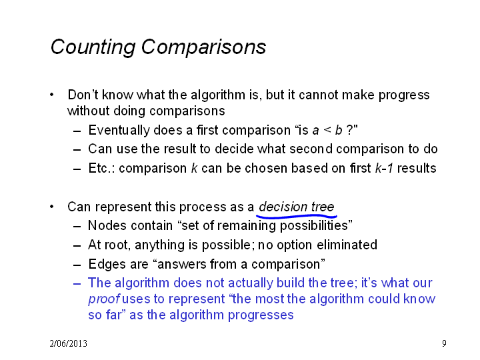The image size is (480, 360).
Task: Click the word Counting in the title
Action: click(x=93, y=48)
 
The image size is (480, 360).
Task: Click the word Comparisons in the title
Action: click(x=203, y=47)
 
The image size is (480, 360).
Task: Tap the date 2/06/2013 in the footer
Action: click(x=68, y=343)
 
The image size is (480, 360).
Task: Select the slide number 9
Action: click(x=444, y=343)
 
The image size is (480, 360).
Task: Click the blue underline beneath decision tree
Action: click(x=296, y=217)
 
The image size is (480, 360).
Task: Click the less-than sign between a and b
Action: click(x=327, y=131)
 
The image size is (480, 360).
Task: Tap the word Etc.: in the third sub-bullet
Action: click(x=101, y=169)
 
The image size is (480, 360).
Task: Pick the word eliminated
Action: click(x=347, y=245)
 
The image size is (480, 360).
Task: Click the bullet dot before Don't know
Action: click(x=52, y=95)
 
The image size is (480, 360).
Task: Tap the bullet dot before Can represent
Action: click(x=52, y=207)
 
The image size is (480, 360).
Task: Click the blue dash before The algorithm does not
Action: click(x=77, y=283)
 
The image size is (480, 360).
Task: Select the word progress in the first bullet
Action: click(x=404, y=95)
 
